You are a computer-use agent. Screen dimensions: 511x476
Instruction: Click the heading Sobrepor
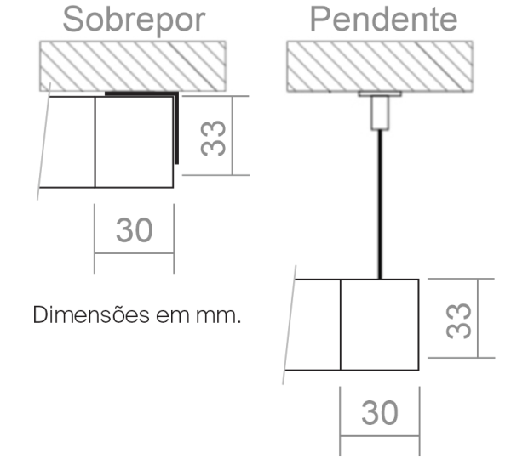pos(134,20)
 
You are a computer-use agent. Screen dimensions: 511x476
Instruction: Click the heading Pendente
pos(383,19)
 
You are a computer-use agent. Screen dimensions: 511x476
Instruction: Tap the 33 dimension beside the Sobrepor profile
pos(213,138)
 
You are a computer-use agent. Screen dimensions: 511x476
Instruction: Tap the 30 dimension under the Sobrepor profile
pos(135,230)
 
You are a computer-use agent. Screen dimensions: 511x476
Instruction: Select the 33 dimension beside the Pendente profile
pos(458,320)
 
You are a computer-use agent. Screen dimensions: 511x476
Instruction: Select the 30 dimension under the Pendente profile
pos(380,413)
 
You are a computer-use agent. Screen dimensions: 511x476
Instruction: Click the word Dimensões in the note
pos(91,314)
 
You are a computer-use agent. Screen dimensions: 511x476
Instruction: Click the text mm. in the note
pos(218,316)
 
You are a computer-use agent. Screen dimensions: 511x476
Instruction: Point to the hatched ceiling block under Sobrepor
pos(133,66)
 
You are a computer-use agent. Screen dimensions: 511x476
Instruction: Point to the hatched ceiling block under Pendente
pos(380,66)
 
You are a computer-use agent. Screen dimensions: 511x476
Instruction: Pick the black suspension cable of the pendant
pos(380,204)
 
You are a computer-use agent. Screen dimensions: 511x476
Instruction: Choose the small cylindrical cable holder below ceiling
pos(380,113)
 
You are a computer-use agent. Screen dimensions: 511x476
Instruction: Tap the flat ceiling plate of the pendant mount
pos(380,94)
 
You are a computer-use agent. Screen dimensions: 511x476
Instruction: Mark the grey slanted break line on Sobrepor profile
pos(43,141)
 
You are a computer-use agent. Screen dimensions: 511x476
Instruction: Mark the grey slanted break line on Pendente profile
pos(290,325)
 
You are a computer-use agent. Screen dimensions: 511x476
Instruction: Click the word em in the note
pos(172,316)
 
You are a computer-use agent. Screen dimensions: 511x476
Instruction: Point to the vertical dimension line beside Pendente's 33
pos(478,318)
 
